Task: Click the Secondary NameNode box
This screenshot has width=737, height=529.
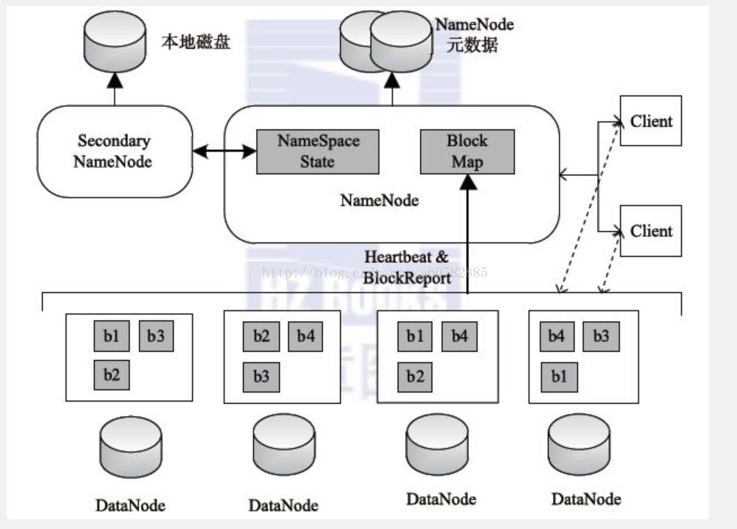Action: click(114, 151)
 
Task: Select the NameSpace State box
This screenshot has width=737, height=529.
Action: click(318, 151)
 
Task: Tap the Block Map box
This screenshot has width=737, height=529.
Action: click(467, 151)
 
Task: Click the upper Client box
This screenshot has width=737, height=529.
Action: click(651, 121)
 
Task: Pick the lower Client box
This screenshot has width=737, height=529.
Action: click(651, 231)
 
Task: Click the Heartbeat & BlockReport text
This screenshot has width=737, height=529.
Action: click(407, 268)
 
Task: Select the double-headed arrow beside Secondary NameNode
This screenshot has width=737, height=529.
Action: click(224, 152)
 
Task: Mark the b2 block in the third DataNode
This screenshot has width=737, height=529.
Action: click(415, 375)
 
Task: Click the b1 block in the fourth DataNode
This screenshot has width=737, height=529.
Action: click(558, 375)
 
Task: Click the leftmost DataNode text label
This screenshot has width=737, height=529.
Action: click(130, 504)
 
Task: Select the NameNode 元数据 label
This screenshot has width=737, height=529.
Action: click(474, 35)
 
